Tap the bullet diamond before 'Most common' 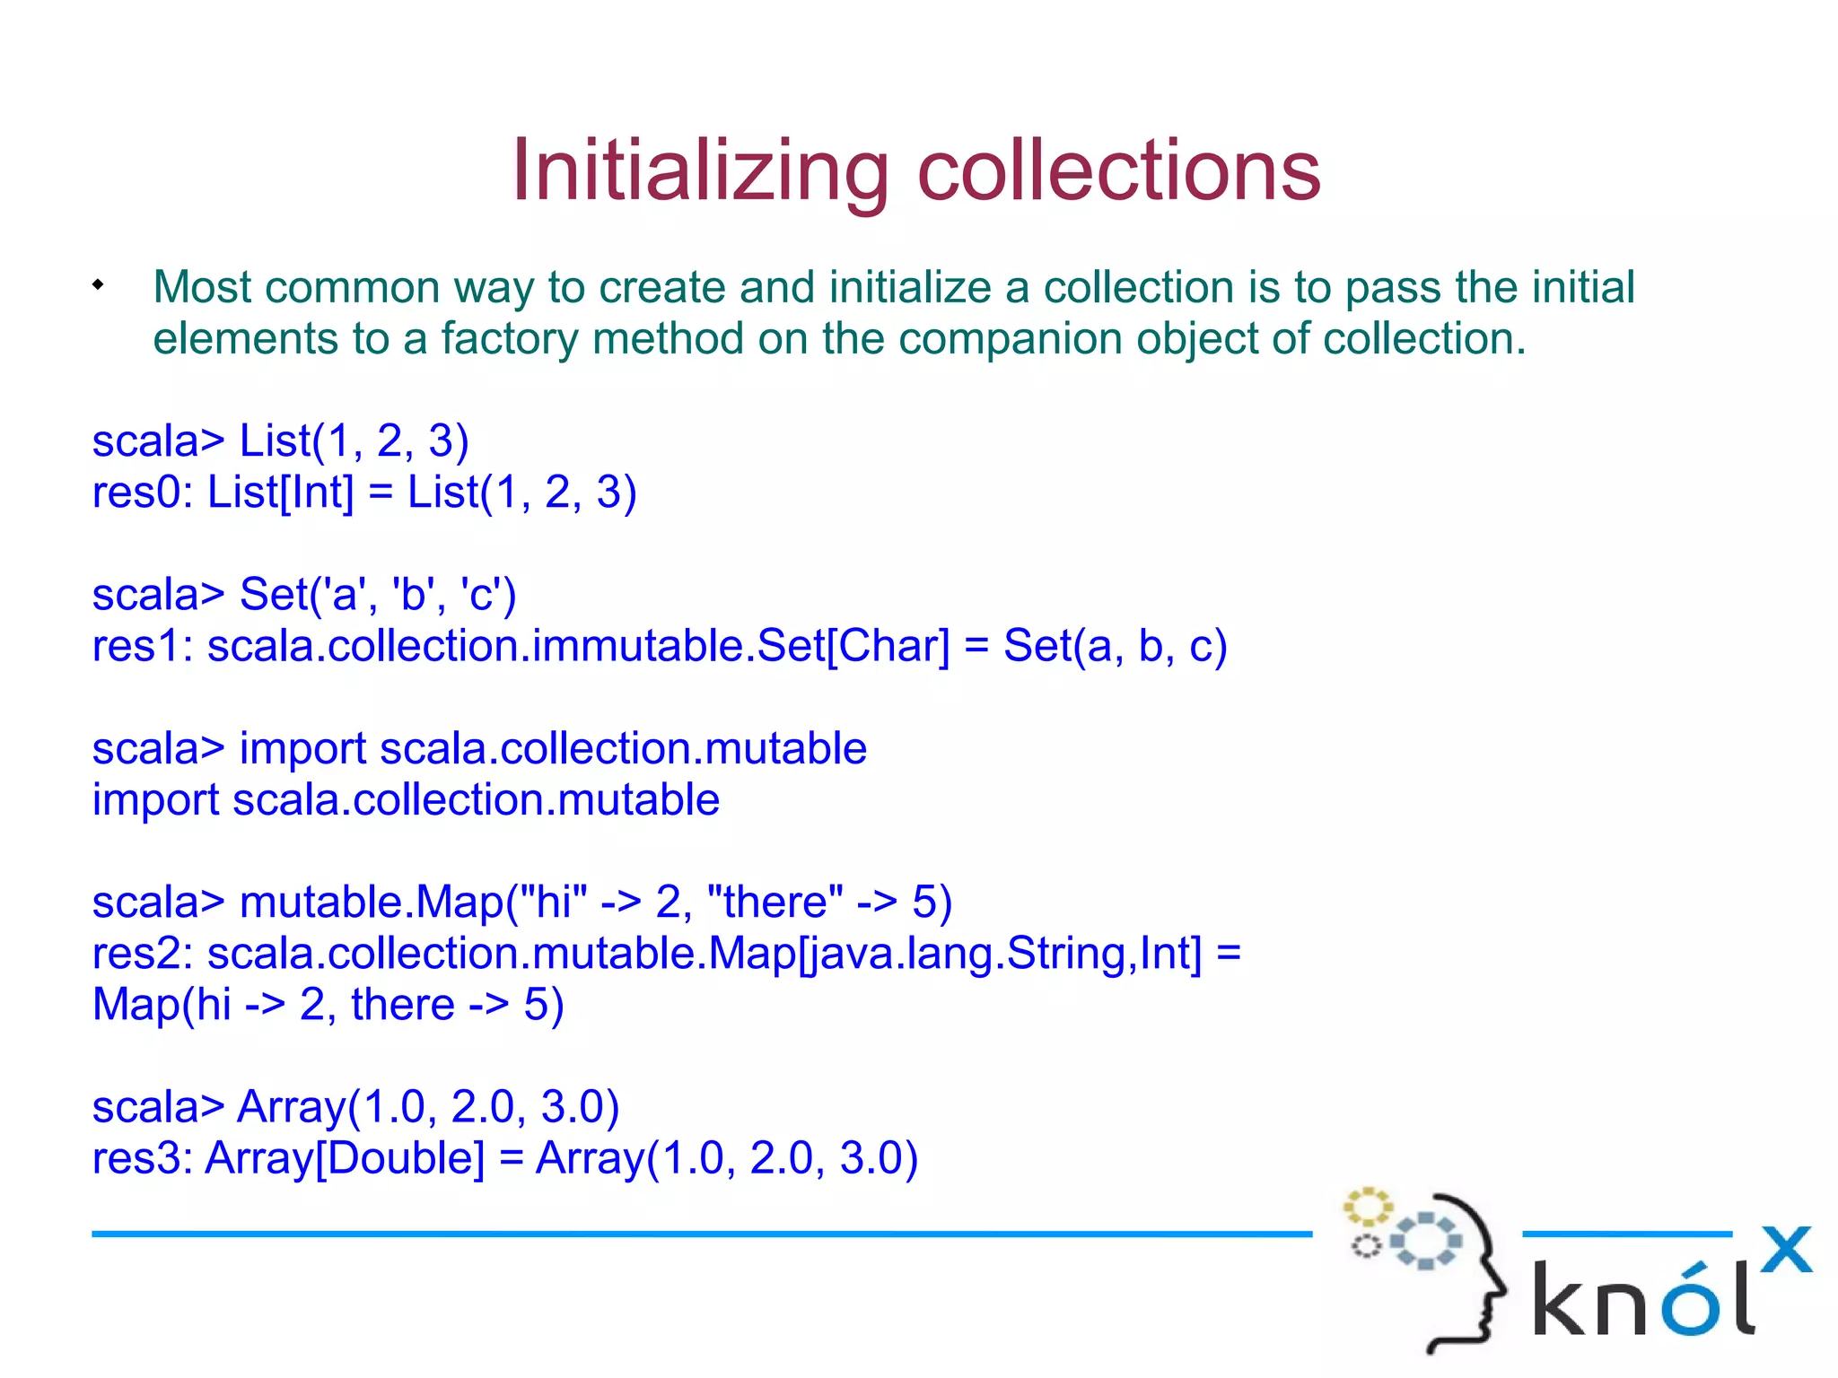tap(98, 286)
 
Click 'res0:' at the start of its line tap(142, 493)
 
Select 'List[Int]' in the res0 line tap(280, 493)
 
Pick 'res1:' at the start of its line tap(142, 646)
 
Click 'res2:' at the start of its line tap(142, 954)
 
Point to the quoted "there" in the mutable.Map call tap(775, 902)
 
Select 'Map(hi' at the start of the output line tap(162, 1005)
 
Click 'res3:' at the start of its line tap(142, 1158)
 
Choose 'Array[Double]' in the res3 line tap(345, 1158)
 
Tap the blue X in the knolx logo tap(1785, 1249)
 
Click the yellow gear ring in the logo tap(1367, 1207)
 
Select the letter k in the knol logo tap(1561, 1299)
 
